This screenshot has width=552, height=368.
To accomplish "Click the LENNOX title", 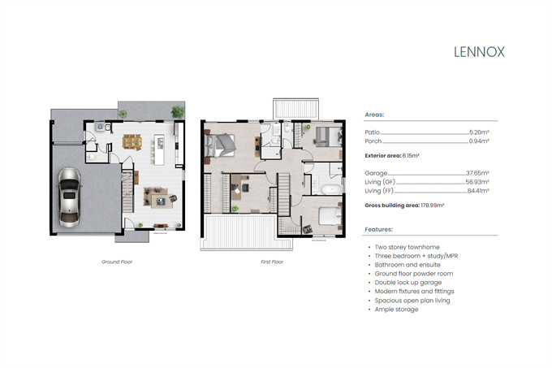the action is [x=479, y=52].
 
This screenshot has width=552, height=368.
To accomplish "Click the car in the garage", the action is [x=69, y=197].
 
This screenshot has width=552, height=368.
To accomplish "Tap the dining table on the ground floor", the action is [x=132, y=141].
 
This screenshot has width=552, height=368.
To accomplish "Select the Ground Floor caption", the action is [x=117, y=262].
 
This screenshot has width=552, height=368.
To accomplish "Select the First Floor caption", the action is [x=272, y=262].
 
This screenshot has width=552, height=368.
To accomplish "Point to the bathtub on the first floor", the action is [x=331, y=189].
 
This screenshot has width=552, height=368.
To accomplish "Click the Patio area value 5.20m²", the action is [x=479, y=132].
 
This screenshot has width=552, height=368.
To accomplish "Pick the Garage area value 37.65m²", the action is [x=477, y=173].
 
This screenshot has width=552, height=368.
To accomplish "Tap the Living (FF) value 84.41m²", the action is [x=477, y=191].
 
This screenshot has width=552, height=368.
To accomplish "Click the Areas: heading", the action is [x=374, y=115].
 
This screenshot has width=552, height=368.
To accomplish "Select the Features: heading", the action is [x=378, y=229].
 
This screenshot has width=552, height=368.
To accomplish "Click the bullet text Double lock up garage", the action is [x=408, y=283].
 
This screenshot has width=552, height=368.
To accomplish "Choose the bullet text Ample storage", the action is [x=396, y=310].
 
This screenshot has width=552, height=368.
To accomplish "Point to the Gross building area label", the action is [x=392, y=206].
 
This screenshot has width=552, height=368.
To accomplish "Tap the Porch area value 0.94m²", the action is [x=479, y=141].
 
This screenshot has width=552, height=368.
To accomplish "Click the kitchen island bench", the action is [x=159, y=149].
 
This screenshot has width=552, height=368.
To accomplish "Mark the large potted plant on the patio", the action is [x=178, y=112].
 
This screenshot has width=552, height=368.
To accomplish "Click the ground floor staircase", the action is [x=127, y=192].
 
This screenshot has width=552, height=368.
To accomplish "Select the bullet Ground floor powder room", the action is [x=414, y=274].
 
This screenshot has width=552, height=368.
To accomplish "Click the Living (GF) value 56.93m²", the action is [x=477, y=182].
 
